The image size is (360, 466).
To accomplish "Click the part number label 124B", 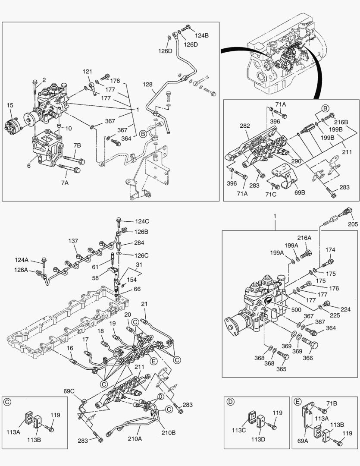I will (201, 35).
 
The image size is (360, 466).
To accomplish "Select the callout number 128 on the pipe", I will (148, 85).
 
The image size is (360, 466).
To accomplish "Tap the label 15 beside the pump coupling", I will (10, 105).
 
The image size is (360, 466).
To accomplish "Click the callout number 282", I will (245, 126).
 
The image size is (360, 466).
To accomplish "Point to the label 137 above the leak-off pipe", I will (73, 241).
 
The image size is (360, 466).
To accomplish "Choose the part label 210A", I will (134, 439).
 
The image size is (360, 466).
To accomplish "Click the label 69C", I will (69, 391).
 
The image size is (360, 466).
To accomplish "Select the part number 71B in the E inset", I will (331, 403).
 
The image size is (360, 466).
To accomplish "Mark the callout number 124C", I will (142, 221).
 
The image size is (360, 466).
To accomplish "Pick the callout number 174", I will (330, 249).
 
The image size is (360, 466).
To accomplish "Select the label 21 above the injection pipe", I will (144, 305).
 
